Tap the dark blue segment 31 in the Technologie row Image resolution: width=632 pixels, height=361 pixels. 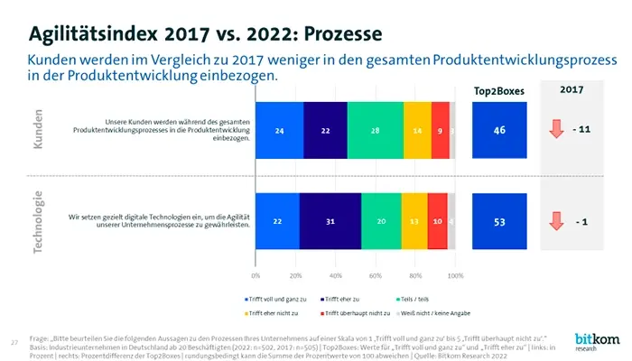click(x=330, y=221)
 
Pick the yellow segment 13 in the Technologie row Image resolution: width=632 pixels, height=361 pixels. click(x=414, y=221)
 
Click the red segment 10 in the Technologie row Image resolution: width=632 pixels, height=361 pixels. click(x=437, y=221)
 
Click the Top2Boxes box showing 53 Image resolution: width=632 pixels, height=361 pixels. click(x=498, y=221)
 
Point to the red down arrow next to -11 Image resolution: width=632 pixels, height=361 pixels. click(x=556, y=131)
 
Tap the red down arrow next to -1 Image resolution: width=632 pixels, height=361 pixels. click(x=556, y=220)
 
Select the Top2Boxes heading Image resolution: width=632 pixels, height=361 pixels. click(x=498, y=91)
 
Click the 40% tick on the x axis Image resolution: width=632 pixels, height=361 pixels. click(x=336, y=274)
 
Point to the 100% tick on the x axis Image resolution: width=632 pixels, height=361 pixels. click(x=456, y=274)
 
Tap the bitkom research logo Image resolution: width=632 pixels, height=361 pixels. click(x=591, y=341)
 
